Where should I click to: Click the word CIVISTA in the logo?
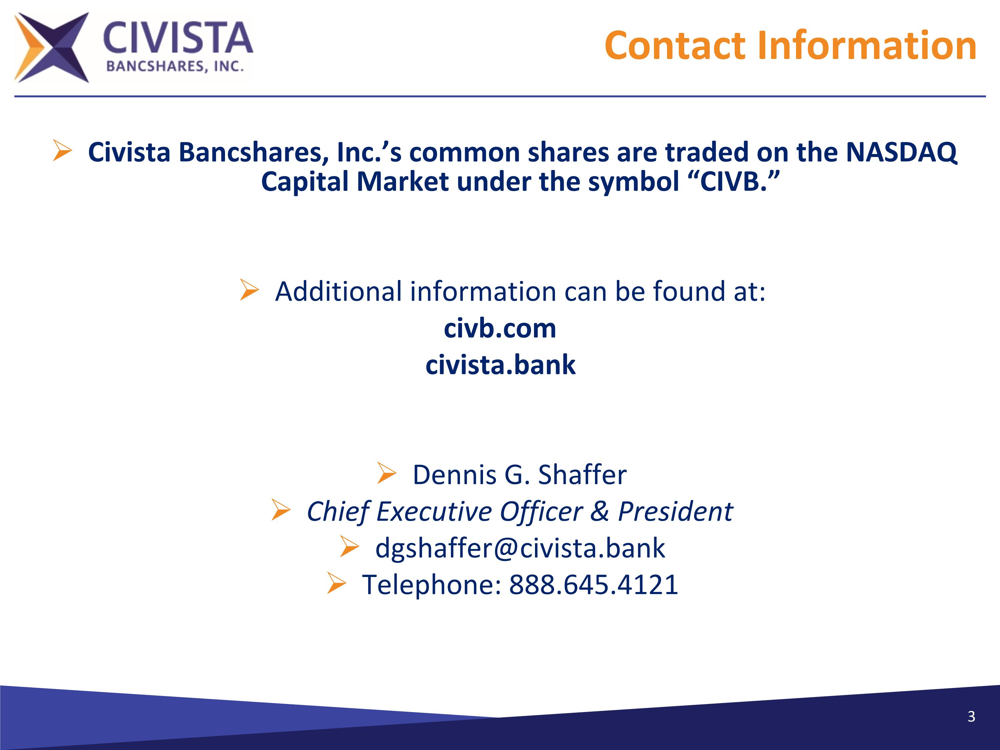point(178,38)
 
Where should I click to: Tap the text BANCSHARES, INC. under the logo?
point(175,67)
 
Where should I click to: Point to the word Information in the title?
point(867,46)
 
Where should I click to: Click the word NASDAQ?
point(901,152)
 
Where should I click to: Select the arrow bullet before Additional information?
point(249,289)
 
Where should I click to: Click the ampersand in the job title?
point(599,511)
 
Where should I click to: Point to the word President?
point(675,511)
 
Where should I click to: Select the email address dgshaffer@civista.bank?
point(520,548)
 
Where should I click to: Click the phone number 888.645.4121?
point(594,585)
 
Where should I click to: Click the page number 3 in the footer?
point(971,717)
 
